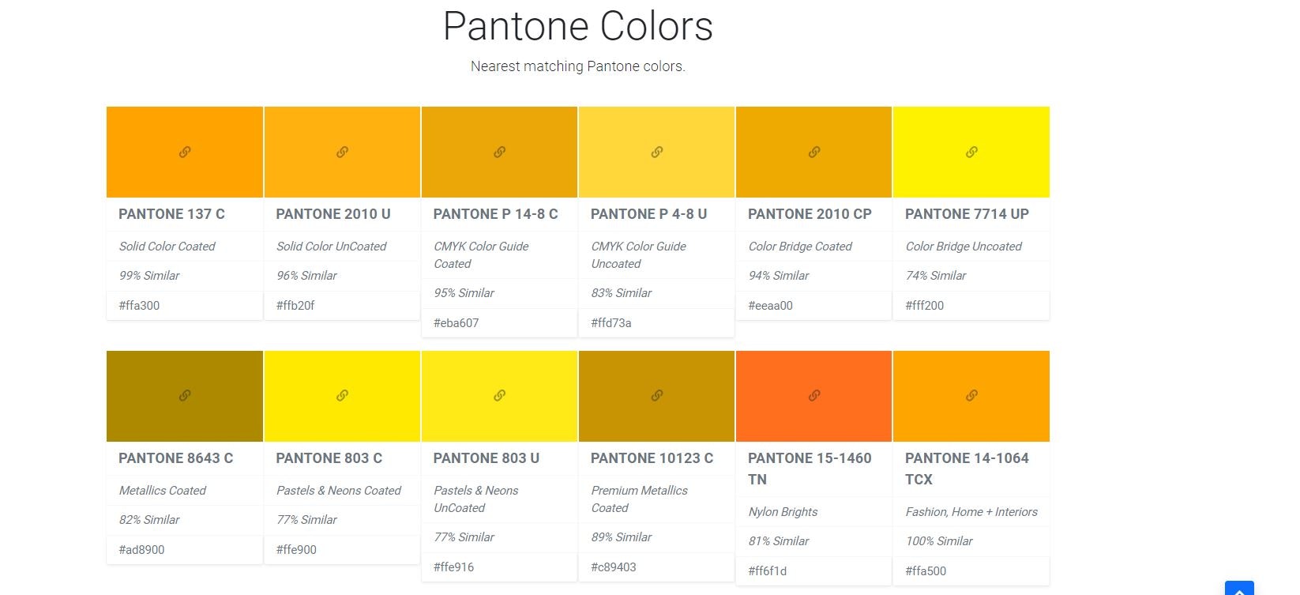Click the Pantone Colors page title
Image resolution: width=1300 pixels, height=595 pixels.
577,27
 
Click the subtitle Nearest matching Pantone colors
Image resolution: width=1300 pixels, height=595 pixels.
577,66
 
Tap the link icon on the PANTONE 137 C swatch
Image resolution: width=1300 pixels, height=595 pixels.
185,152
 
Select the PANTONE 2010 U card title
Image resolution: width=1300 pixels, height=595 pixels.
333,214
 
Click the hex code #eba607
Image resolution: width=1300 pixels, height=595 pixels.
456,322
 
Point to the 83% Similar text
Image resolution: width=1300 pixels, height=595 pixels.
621,293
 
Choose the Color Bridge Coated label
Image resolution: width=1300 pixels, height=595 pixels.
799,247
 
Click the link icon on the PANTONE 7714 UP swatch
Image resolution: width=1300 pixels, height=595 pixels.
971,152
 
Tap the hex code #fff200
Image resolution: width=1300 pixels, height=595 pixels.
924,306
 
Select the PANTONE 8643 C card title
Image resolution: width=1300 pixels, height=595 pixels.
175,458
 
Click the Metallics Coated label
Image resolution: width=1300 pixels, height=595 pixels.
162,491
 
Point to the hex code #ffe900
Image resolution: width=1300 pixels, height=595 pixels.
296,550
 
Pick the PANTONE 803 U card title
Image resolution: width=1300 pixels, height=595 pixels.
486,458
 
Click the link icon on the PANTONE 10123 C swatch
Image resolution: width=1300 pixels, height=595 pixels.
656,395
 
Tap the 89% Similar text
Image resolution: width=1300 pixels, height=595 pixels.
621,537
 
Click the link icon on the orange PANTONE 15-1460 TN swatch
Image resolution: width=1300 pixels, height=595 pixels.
813,395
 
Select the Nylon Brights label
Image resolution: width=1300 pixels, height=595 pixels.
783,512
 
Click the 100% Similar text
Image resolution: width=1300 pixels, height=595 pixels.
938,541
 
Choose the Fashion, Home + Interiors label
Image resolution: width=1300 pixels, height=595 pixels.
971,512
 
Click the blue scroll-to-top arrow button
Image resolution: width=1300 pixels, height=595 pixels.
1238,589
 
